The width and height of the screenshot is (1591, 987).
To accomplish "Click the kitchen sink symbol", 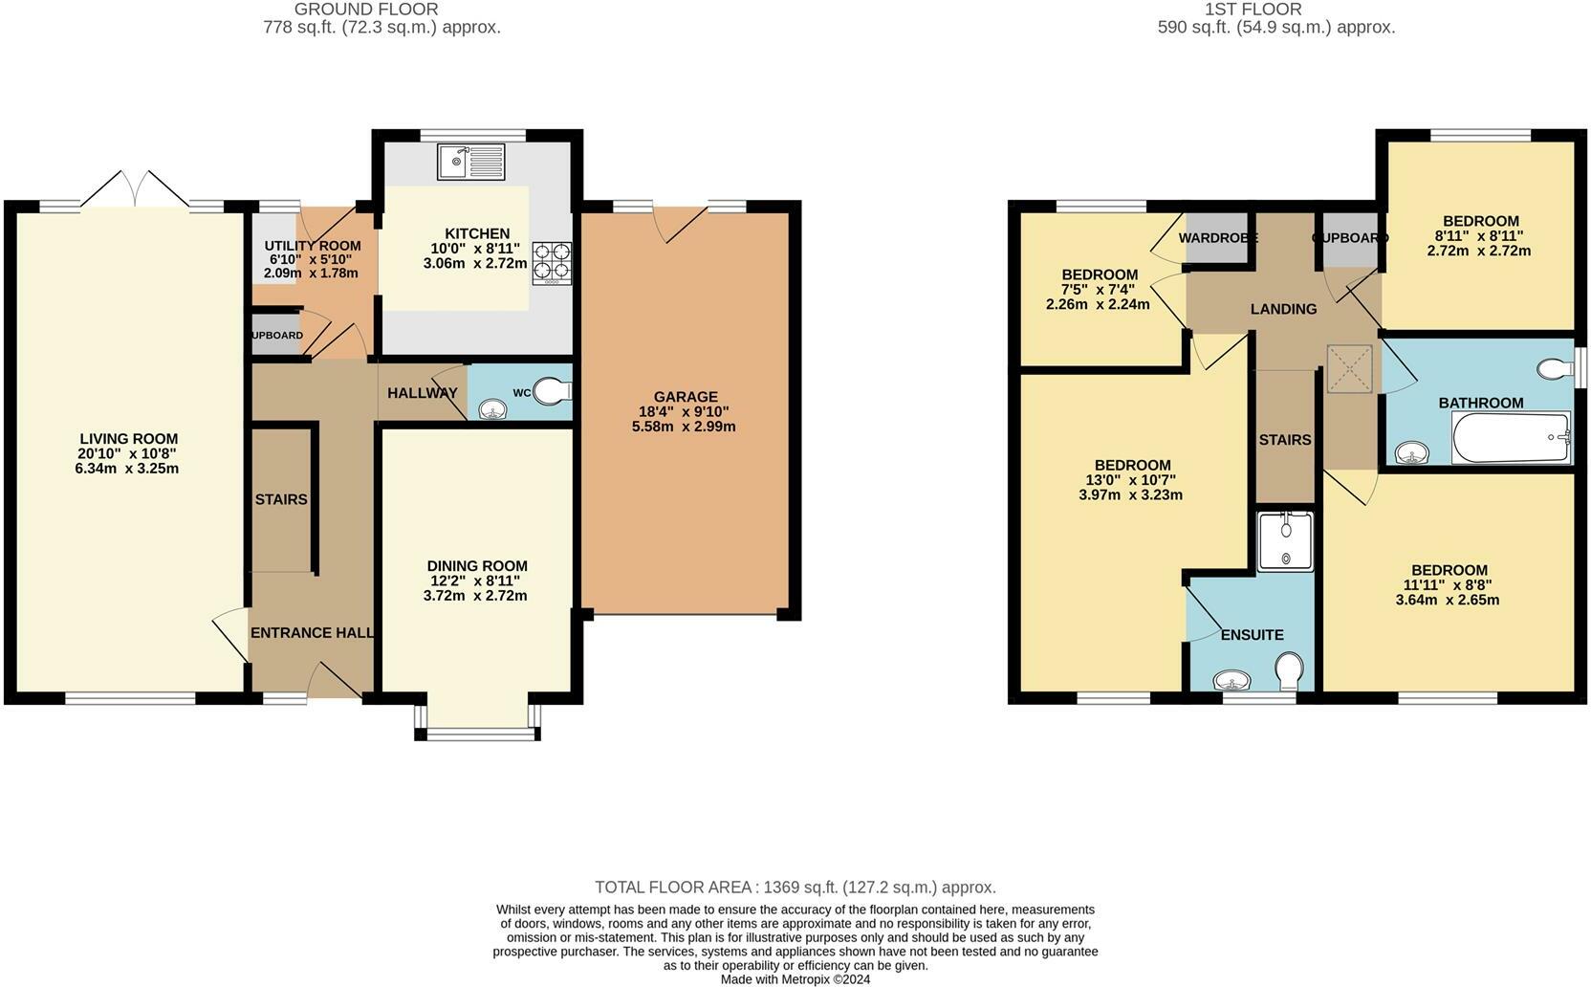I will (471, 162).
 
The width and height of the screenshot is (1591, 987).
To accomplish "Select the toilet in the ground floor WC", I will (552, 391).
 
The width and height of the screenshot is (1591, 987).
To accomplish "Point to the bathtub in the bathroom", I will (1511, 439).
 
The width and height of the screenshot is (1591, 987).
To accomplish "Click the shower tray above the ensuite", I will (1285, 541).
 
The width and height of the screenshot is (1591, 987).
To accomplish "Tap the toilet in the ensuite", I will (1289, 670).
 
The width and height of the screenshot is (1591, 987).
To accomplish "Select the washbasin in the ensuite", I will (1232, 681).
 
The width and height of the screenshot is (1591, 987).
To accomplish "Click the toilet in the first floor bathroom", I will (1556, 368).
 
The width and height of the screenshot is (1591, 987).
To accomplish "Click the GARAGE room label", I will (686, 397).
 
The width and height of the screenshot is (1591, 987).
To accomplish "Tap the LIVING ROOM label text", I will (129, 439).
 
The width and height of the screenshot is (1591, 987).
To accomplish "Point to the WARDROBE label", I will (1216, 237).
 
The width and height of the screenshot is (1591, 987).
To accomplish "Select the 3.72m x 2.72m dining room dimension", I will (475, 595).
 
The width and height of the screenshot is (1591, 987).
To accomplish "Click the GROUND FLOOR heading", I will (366, 10).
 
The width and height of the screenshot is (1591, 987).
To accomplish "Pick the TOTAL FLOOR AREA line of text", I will (795, 888).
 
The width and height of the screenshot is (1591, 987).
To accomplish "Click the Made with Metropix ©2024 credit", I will (795, 979).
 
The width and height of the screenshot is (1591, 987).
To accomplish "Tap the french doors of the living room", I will (135, 191).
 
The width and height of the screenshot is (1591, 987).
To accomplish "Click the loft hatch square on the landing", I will (1348, 368).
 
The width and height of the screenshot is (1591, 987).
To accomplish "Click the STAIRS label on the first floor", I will (1284, 440).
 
